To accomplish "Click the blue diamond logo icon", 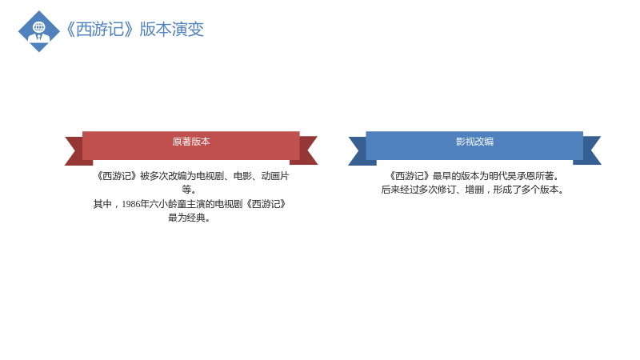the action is [x=39, y=31].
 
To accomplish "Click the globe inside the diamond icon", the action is [x=39, y=27].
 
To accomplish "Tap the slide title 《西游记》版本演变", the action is [x=134, y=30].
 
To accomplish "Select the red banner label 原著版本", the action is [x=191, y=142].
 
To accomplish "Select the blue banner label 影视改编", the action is [x=474, y=142].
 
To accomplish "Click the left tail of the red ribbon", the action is [x=76, y=150].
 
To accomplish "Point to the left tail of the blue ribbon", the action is [x=359, y=150].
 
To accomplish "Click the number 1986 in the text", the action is [x=130, y=204].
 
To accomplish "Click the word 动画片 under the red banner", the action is [x=275, y=176].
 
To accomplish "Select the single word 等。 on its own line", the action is [x=189, y=190].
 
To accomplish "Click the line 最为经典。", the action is [x=189, y=218].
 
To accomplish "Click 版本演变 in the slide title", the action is [x=171, y=30].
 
